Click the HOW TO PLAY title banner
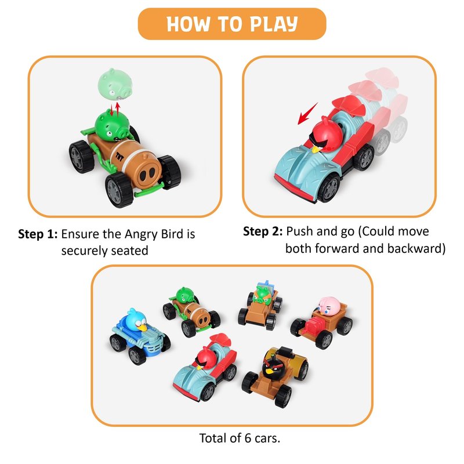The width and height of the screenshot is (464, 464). [232, 24]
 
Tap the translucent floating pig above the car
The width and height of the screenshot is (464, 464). [115, 84]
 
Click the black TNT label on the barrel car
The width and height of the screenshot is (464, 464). [119, 157]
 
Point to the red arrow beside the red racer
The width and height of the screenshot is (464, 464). [307, 114]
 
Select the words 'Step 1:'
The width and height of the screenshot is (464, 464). [38, 234]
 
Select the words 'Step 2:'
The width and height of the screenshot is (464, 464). [263, 231]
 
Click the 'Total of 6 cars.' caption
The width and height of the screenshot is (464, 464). [240, 438]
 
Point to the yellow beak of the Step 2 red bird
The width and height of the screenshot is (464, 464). [316, 149]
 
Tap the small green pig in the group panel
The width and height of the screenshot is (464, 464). [185, 295]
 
